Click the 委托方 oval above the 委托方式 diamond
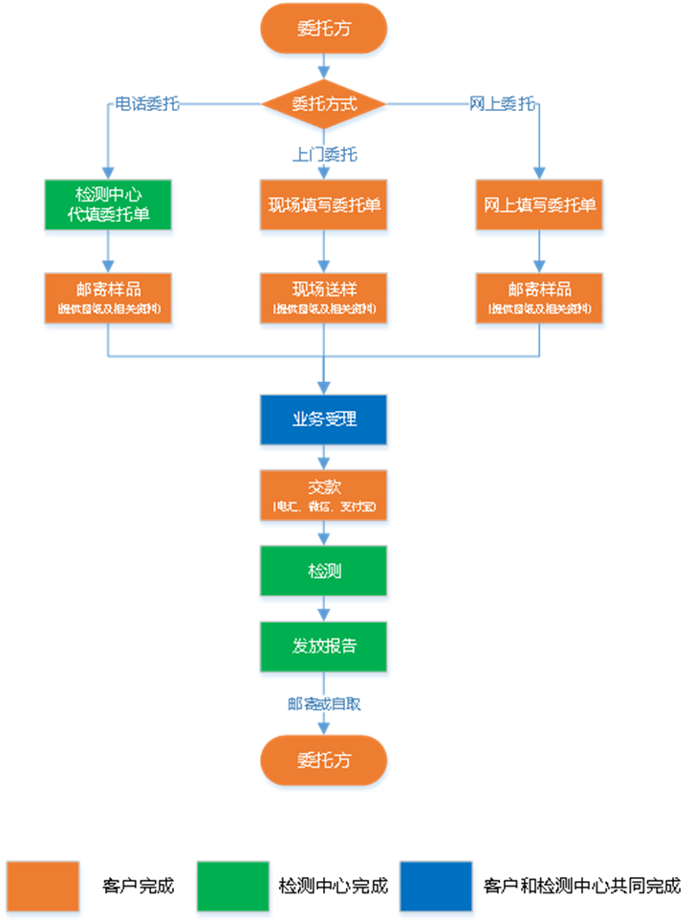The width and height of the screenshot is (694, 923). click(x=324, y=30)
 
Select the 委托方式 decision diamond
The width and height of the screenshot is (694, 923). click(x=324, y=103)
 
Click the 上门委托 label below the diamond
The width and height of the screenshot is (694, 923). click(x=324, y=154)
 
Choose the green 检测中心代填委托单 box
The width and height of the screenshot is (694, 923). click(x=107, y=204)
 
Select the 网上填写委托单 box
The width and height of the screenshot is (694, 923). click(x=540, y=204)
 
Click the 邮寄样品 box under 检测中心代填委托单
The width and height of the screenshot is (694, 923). click(x=107, y=296)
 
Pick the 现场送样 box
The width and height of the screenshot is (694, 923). click(x=324, y=296)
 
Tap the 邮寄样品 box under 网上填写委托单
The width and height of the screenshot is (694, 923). click(x=540, y=296)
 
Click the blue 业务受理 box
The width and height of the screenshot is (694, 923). click(x=324, y=419)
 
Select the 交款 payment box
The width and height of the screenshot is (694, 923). click(x=324, y=494)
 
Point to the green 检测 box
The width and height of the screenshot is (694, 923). click(x=324, y=571)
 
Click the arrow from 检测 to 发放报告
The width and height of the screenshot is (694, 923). click(x=324, y=610)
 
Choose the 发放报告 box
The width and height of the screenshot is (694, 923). click(x=324, y=646)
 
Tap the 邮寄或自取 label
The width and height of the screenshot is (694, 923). click(x=324, y=703)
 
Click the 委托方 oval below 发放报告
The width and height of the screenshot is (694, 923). click(x=324, y=761)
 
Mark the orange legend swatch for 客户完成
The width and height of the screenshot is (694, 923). click(x=43, y=886)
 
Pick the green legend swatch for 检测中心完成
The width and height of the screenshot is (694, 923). click(x=233, y=886)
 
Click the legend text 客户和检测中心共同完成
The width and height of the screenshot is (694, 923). click(x=582, y=886)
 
